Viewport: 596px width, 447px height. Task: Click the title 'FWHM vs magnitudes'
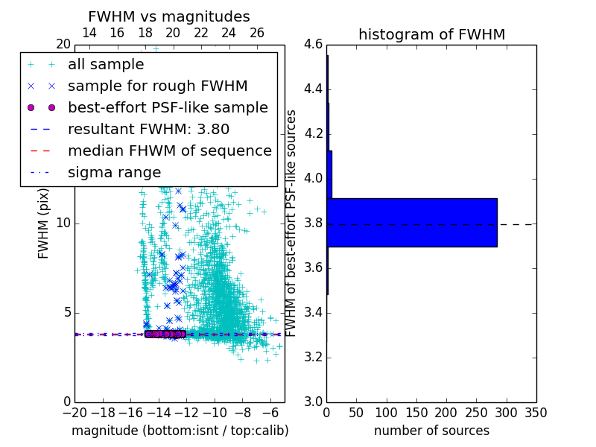(169, 16)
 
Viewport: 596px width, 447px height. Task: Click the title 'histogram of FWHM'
(431, 34)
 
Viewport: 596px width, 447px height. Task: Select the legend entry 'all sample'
(105, 65)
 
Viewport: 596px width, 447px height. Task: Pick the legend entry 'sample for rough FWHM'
(157, 86)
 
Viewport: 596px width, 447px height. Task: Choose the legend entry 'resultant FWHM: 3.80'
(148, 129)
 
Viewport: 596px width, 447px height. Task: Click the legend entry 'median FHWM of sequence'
(169, 150)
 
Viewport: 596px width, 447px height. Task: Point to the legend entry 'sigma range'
(114, 172)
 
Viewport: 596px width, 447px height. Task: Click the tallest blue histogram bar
(411, 222)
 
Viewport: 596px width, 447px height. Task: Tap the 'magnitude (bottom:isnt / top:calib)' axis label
(180, 431)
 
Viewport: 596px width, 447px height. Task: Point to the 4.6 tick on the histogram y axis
(313, 45)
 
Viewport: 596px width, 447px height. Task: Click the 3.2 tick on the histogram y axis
(313, 357)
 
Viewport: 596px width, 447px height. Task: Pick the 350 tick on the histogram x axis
(536, 412)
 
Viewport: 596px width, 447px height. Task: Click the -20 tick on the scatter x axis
(74, 412)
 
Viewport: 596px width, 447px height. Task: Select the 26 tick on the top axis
(257, 33)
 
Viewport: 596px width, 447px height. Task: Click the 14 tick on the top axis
(89, 33)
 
